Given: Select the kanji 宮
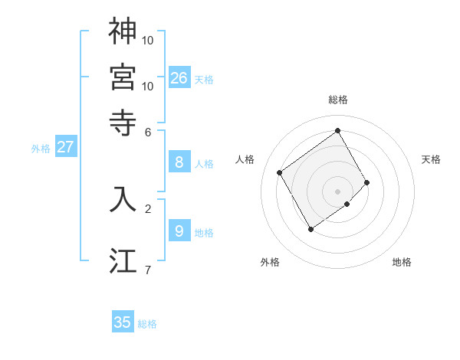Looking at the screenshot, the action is pos(123,77).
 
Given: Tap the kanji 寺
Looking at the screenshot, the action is pos(123,122).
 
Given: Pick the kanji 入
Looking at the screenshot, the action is pos(123,198).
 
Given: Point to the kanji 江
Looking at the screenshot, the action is pos(123,260).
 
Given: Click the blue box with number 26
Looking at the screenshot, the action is pos(179,77).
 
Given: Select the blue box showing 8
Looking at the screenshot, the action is pos(179,162).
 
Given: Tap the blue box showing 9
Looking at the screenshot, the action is pos(179,231).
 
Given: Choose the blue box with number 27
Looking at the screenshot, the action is pos(65,147).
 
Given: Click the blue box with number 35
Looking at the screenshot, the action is pos(123,322).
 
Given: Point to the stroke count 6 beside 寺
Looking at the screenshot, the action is pos(148,131).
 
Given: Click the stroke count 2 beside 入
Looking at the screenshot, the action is pos(148,207).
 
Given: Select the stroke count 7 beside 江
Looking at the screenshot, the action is pos(147,270).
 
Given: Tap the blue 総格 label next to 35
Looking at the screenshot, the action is pos(147,324).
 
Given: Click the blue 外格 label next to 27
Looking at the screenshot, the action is pos(41,149).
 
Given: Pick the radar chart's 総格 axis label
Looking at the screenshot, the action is pos(338,100).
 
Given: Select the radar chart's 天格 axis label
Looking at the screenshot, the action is pos(431,159).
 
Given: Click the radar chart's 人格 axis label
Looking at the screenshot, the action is pos(245,159).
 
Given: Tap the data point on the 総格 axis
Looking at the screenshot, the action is pos(338,130).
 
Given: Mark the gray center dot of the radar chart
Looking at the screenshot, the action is pos(338,191).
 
